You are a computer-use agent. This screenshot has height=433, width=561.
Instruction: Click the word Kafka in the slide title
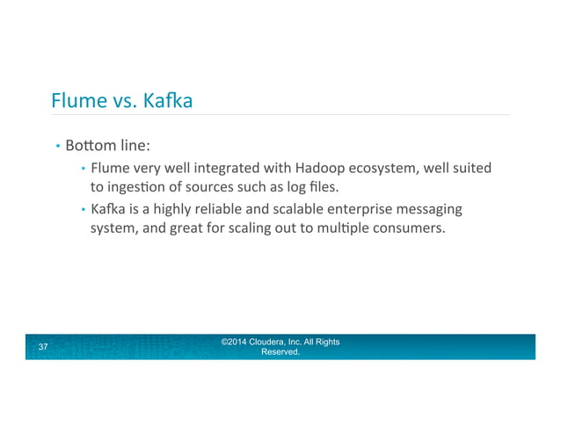pyautogui.click(x=165, y=102)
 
